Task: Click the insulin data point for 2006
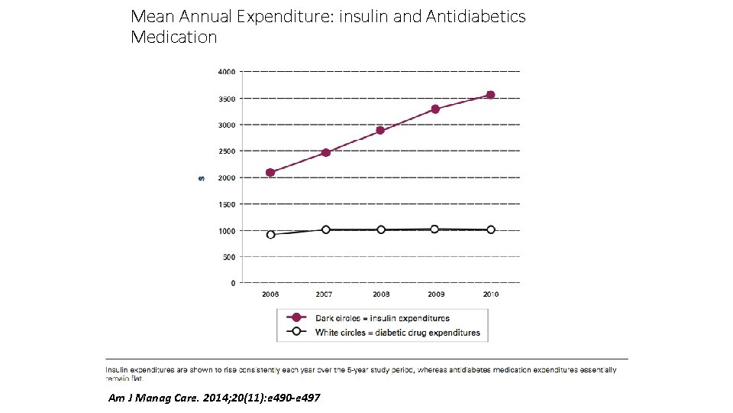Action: click(x=270, y=172)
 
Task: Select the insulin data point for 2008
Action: click(x=380, y=130)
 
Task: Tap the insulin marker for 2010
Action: click(x=490, y=95)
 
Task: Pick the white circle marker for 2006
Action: click(x=270, y=235)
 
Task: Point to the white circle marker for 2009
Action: click(x=434, y=229)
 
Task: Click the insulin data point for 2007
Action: click(x=326, y=152)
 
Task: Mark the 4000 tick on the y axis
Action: click(x=227, y=72)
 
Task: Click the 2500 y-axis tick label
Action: click(x=227, y=151)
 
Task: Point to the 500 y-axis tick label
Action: click(x=229, y=257)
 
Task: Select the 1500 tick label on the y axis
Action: click(x=227, y=204)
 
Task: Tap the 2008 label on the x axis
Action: click(x=381, y=294)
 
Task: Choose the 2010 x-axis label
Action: click(x=490, y=294)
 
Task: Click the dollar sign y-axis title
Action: click(x=201, y=177)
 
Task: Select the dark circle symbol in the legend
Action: click(x=295, y=317)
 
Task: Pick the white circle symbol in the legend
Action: click(x=295, y=332)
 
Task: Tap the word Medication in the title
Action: click(x=174, y=37)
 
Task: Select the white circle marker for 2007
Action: click(x=326, y=229)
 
